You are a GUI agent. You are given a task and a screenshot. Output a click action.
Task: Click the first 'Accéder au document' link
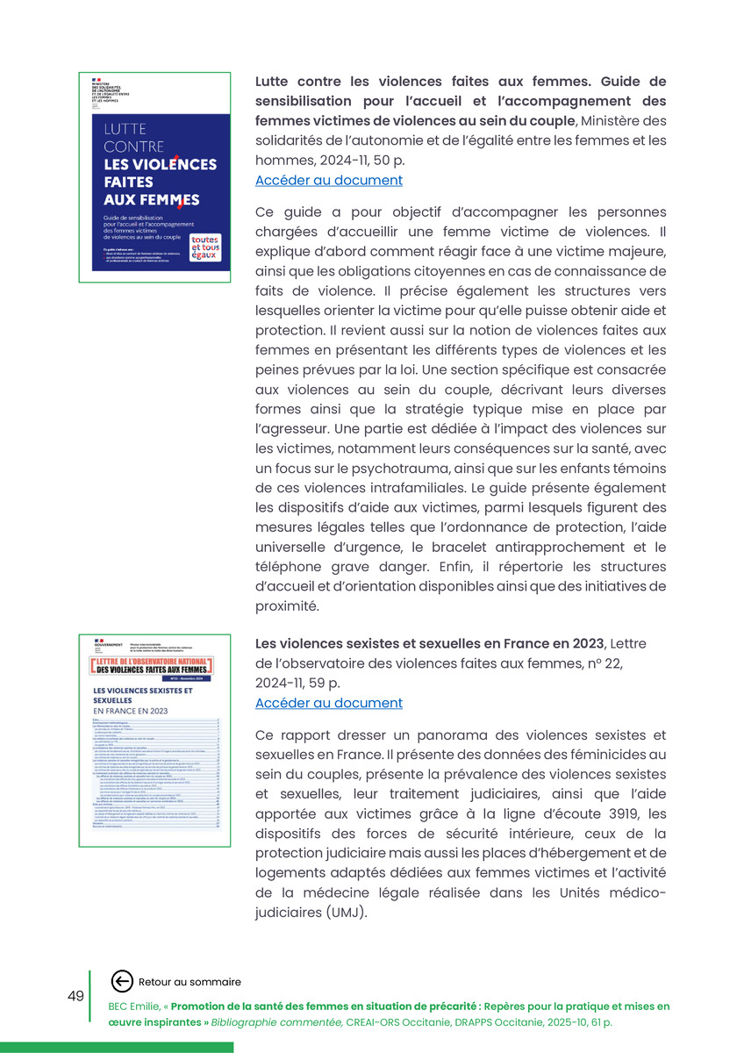(328, 181)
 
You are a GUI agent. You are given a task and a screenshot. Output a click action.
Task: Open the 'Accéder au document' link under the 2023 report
(328, 703)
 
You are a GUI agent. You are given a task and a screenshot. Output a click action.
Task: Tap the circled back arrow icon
(123, 982)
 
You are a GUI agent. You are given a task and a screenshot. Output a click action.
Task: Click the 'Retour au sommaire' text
(190, 982)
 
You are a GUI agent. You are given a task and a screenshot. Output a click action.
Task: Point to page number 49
(75, 996)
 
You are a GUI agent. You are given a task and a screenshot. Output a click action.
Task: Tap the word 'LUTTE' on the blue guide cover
(125, 131)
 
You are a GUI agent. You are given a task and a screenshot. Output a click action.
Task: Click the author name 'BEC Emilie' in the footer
(135, 1006)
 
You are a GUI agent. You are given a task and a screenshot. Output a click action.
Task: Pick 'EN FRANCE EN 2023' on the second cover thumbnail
(130, 711)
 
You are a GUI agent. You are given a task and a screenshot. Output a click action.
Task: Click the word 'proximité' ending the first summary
(286, 605)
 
